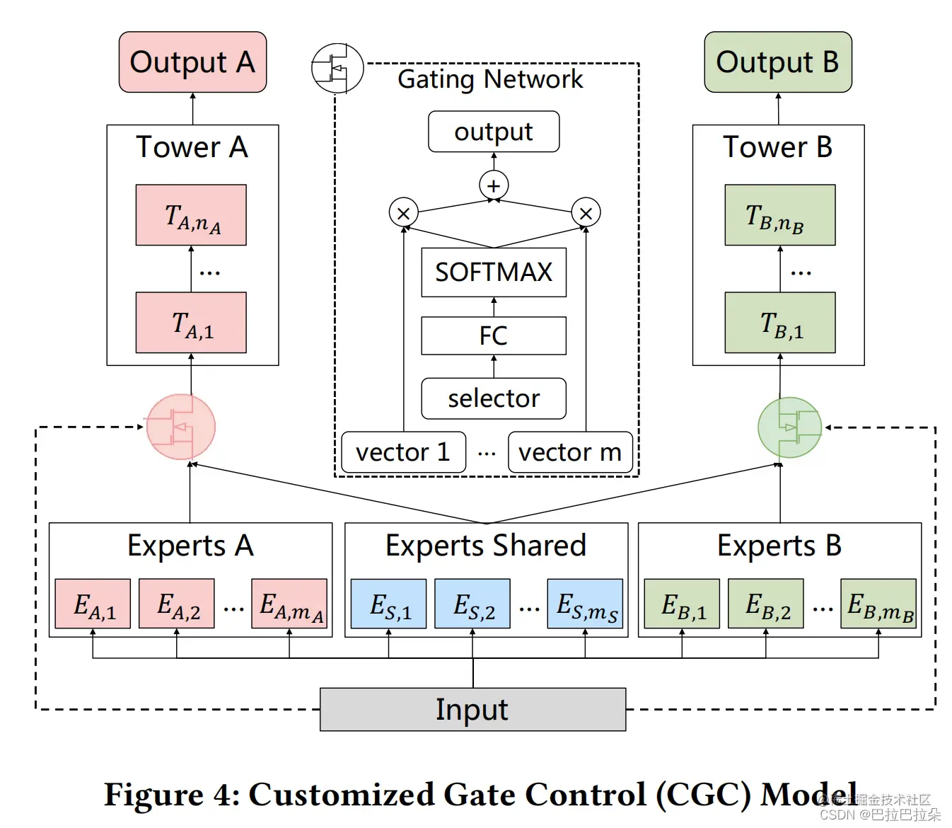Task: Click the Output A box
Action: [192, 62]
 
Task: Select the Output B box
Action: [777, 62]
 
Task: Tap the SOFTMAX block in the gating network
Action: [494, 272]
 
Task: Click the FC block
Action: [494, 335]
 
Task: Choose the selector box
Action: [494, 398]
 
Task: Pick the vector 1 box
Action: [403, 452]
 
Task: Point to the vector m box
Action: [570, 452]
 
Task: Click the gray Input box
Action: [472, 709]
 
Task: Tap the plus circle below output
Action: [494, 185]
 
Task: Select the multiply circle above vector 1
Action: [404, 213]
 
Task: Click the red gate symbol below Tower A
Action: [181, 427]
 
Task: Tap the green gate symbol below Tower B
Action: [789, 427]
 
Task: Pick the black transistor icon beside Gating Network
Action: [337, 68]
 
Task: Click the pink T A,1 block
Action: [191, 323]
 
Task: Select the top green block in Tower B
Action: [779, 215]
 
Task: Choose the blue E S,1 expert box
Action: [389, 604]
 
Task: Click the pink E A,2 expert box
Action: [177, 604]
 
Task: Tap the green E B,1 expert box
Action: [682, 604]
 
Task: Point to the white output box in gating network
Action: [494, 132]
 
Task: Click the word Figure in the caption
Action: [154, 794]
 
